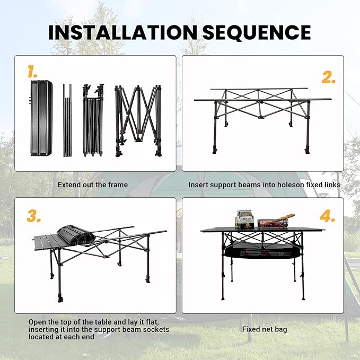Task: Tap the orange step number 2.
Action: pos(328,77)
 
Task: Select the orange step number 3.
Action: pos(34,216)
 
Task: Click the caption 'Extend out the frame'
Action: pos(93,185)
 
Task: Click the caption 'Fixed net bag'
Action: pos(265,329)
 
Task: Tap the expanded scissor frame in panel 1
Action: pos(138,119)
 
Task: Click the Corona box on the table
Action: pos(244,219)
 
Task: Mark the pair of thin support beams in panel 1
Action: pos(67,119)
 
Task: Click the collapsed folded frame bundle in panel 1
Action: pos(93,119)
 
